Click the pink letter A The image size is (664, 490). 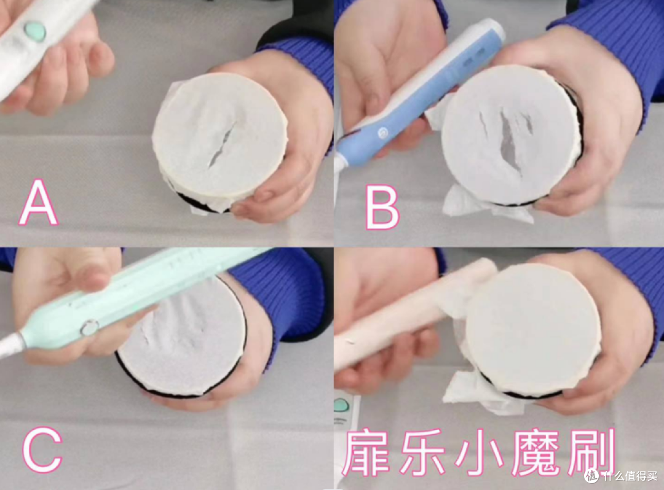(x=38, y=202)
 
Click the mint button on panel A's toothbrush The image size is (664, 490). (x=34, y=29)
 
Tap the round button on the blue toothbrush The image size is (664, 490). (x=383, y=132)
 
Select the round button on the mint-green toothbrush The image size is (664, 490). (x=89, y=327)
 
